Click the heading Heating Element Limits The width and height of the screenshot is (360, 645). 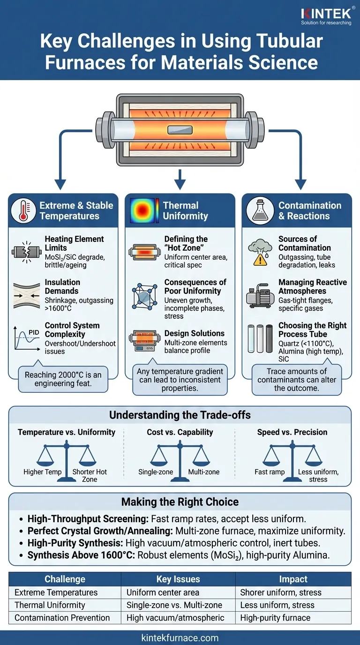pyautogui.click(x=68, y=243)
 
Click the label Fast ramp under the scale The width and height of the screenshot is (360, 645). pyautogui.click(x=270, y=472)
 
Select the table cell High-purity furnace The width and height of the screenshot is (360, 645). pyautogui.click(x=275, y=618)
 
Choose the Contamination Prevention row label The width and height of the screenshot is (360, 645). pyautogui.click(x=62, y=618)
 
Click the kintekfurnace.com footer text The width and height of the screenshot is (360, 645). pyautogui.click(x=180, y=637)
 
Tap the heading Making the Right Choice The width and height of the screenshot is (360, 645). pyautogui.click(x=180, y=502)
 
